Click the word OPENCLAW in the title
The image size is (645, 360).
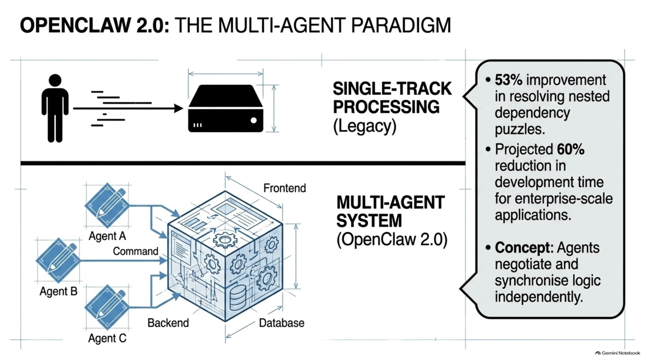75,25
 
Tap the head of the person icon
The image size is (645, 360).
55,80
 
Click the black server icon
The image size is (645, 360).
226,108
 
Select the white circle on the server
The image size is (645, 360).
254,120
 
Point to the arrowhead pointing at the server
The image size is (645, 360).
178,108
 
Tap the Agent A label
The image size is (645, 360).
107,236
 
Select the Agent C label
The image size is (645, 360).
107,338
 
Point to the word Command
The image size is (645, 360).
136,251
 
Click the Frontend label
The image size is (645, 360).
285,188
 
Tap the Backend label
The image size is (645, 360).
168,323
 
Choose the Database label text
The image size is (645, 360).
282,323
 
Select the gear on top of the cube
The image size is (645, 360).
225,240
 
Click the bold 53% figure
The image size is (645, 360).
508,80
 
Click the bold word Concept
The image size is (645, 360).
522,248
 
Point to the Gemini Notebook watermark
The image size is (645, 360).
618,353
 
